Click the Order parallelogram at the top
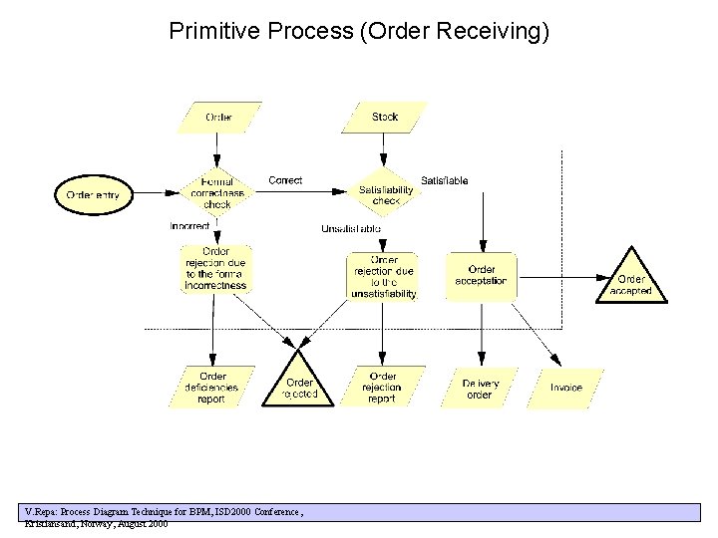tap(218, 118)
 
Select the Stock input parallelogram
tap(384, 118)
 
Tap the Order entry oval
tap(93, 194)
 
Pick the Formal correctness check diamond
tap(217, 193)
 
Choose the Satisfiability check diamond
tap(385, 195)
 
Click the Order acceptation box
tap(481, 275)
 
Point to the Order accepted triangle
tap(631, 283)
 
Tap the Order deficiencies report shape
tap(211, 388)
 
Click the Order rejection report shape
tap(382, 388)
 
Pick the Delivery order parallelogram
tap(480, 388)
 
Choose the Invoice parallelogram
tap(566, 388)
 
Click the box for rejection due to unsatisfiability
tap(383, 277)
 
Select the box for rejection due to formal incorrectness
tap(215, 269)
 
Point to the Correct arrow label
tap(285, 180)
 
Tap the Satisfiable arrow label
tap(444, 180)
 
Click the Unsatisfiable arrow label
tap(350, 229)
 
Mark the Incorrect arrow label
tap(189, 226)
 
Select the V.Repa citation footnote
tap(165, 516)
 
